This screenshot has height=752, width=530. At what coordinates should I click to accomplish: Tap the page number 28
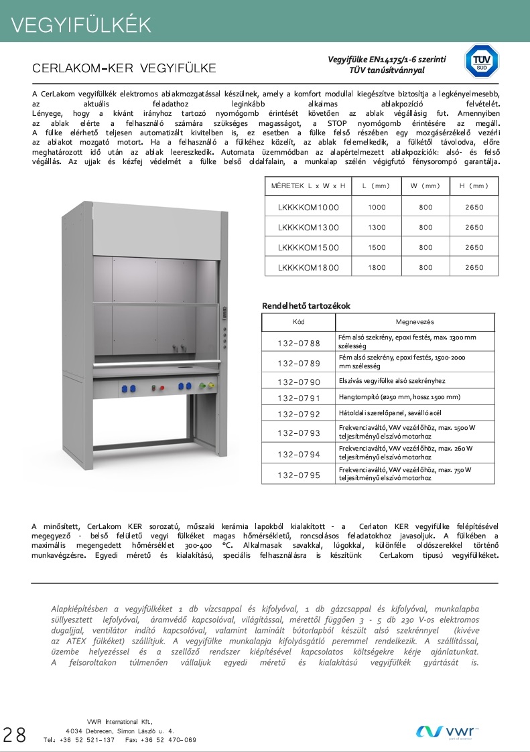[x=15, y=735]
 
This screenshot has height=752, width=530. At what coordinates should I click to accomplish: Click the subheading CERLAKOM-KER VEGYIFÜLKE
[x=124, y=68]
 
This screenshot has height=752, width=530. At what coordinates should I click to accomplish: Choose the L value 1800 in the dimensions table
[x=377, y=268]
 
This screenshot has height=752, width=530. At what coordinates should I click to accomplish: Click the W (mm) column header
[x=425, y=186]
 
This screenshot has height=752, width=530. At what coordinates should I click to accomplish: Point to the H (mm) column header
[x=474, y=186]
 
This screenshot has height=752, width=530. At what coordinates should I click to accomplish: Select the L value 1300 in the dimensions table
[x=377, y=228]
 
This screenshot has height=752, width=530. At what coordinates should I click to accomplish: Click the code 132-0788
[x=299, y=344]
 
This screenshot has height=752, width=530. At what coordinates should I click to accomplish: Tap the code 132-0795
[x=299, y=475]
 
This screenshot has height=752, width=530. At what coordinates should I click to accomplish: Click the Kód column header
[x=299, y=321]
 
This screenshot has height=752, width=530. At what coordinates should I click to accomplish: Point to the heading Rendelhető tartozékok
[x=306, y=306]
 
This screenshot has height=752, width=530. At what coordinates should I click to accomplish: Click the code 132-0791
[x=299, y=397]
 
